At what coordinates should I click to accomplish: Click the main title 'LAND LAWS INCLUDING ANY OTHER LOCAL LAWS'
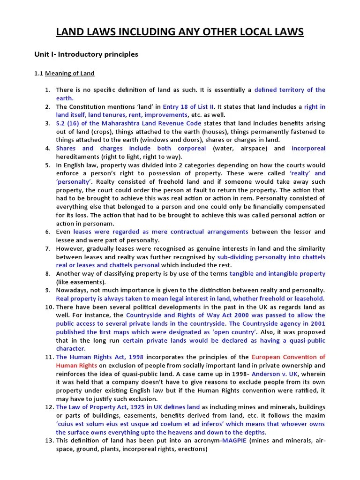tap(180, 32)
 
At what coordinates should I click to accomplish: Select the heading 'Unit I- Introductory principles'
tap(86, 54)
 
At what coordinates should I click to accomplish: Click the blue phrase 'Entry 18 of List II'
tap(185, 107)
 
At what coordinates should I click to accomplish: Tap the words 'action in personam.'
tap(85, 223)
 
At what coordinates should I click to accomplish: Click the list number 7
tap(47, 248)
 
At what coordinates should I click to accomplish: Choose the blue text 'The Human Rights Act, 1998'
tap(100, 357)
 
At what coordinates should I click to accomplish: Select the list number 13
tap(49, 441)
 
